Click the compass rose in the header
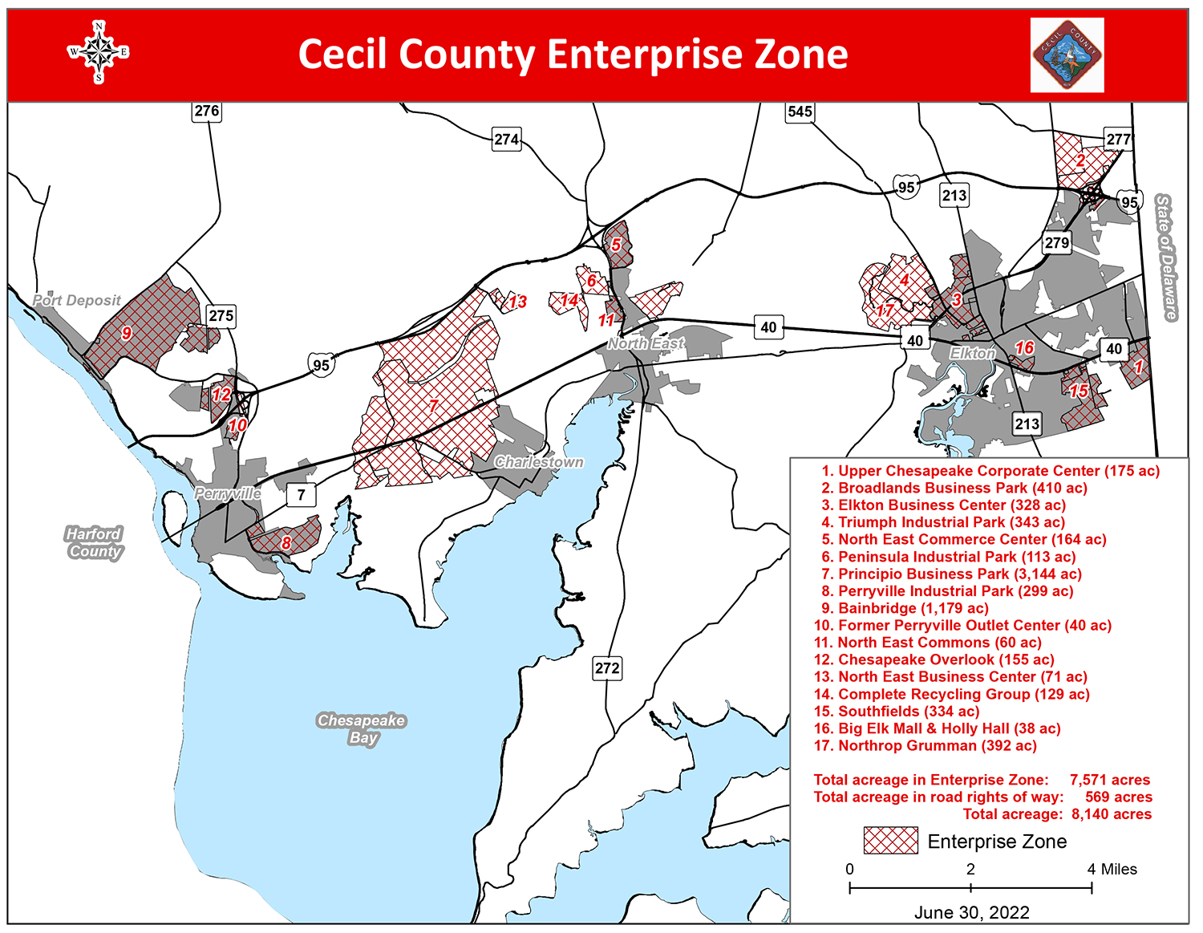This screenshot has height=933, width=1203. (x=98, y=53)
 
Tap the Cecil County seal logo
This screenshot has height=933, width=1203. (x=1067, y=55)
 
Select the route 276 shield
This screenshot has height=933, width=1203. (x=206, y=111)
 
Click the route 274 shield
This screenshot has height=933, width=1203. (x=506, y=140)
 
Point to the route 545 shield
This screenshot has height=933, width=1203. (x=800, y=112)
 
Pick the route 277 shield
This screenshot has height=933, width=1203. (x=1118, y=139)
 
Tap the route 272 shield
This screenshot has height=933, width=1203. (x=607, y=668)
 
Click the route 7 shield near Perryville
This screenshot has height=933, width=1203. (x=301, y=494)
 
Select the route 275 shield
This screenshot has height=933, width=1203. (x=221, y=315)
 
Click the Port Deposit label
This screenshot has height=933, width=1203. (x=77, y=300)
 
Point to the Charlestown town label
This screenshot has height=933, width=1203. (x=539, y=462)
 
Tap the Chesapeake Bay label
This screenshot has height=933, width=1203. (x=361, y=728)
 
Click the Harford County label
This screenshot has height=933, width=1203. (x=95, y=542)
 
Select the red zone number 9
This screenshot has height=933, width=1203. (x=127, y=333)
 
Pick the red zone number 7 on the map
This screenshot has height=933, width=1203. (x=434, y=406)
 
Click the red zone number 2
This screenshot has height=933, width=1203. (x=1080, y=160)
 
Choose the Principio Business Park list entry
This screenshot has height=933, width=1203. (x=951, y=574)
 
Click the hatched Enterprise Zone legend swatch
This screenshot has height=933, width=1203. (x=890, y=841)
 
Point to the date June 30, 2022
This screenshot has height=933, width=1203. (x=971, y=912)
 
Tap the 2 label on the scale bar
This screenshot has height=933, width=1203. (x=970, y=869)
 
